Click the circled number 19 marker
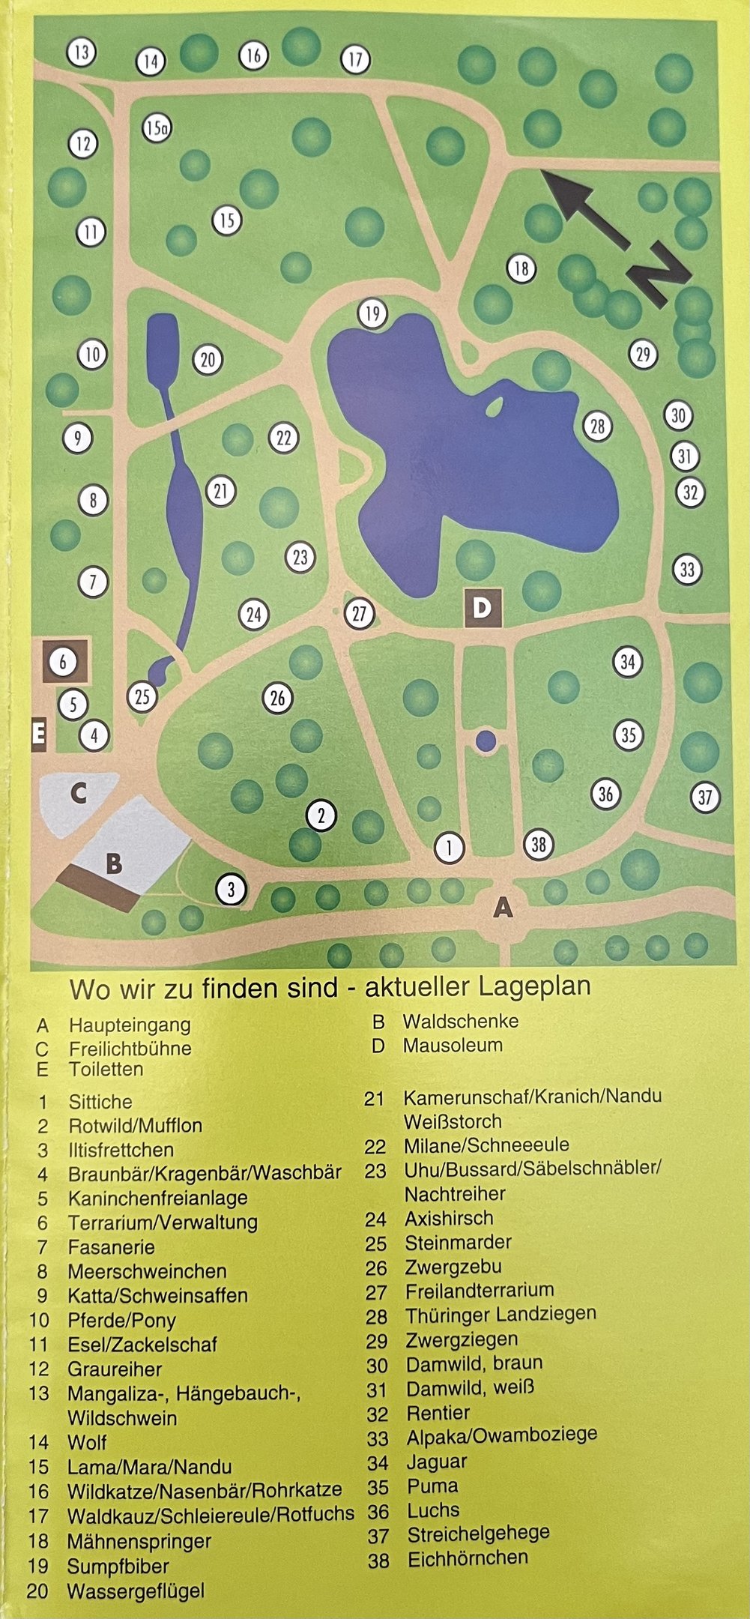(372, 313)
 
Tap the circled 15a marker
(157, 128)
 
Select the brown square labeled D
(483, 608)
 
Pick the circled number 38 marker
(539, 845)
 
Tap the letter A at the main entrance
(503, 908)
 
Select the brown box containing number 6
(65, 661)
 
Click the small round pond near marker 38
(486, 741)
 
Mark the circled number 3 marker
(231, 890)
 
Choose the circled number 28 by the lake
(597, 426)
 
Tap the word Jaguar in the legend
(437, 1461)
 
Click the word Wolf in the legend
(87, 1441)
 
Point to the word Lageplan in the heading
(535, 986)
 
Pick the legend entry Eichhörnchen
(468, 1558)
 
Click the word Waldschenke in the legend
(460, 1021)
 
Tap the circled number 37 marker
(704, 797)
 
